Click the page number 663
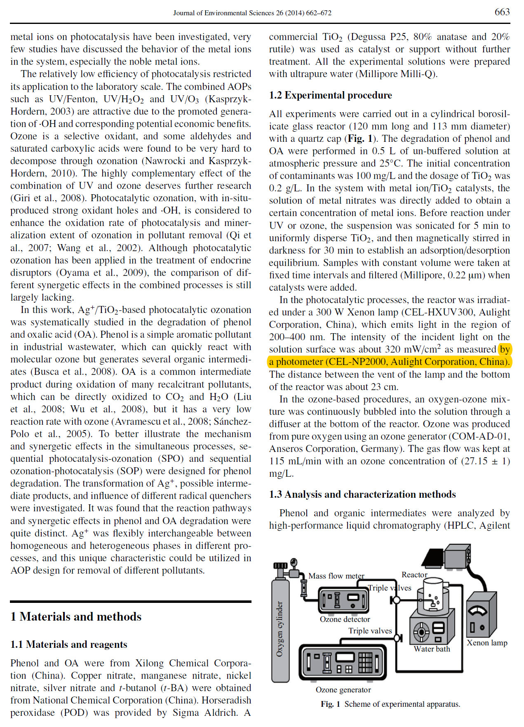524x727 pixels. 502,12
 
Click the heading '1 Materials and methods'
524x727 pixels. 76,616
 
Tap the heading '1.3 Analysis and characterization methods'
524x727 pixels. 362,494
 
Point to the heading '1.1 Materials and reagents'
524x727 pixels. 69,645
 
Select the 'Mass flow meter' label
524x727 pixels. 336,576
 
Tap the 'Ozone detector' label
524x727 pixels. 345,619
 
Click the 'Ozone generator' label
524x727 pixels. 343,689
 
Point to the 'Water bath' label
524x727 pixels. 432,649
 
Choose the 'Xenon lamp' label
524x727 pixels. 487,642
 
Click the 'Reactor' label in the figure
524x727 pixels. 414,574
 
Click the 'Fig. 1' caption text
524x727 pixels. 390,704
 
